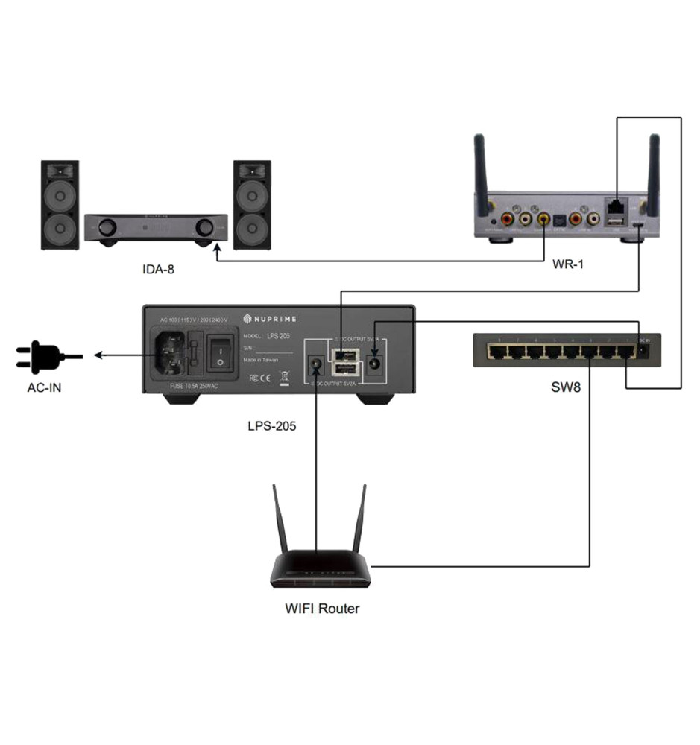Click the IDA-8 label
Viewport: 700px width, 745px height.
[158, 269]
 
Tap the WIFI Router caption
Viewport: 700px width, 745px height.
[322, 609]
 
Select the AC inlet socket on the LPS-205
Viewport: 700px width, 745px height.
[169, 353]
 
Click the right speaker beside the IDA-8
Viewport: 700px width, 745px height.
[252, 205]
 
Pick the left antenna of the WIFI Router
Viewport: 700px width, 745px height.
[280, 521]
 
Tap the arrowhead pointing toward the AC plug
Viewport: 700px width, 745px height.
[98, 356]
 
